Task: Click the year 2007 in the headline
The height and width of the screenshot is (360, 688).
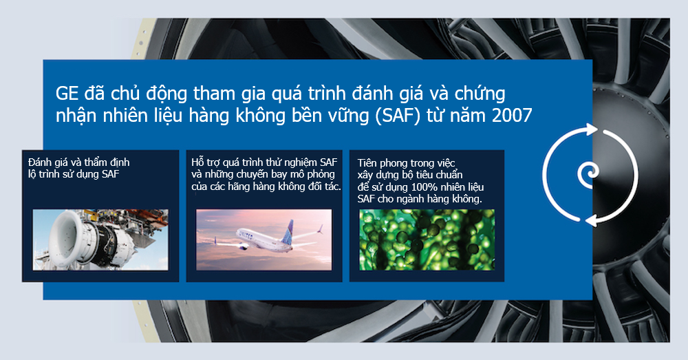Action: [x=512, y=116]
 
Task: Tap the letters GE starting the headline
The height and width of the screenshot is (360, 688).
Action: [x=67, y=94]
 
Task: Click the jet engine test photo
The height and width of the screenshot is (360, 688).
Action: [x=100, y=240]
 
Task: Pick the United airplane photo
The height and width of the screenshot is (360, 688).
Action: [x=264, y=240]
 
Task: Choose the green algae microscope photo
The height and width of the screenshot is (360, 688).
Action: [x=427, y=240]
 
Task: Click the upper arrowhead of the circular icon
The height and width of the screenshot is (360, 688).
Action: [x=590, y=129]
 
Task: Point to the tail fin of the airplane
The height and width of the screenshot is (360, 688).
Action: [x=289, y=229]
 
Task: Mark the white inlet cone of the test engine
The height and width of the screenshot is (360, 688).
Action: [x=67, y=237]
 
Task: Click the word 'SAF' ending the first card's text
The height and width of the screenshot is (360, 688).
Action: [x=111, y=174]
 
